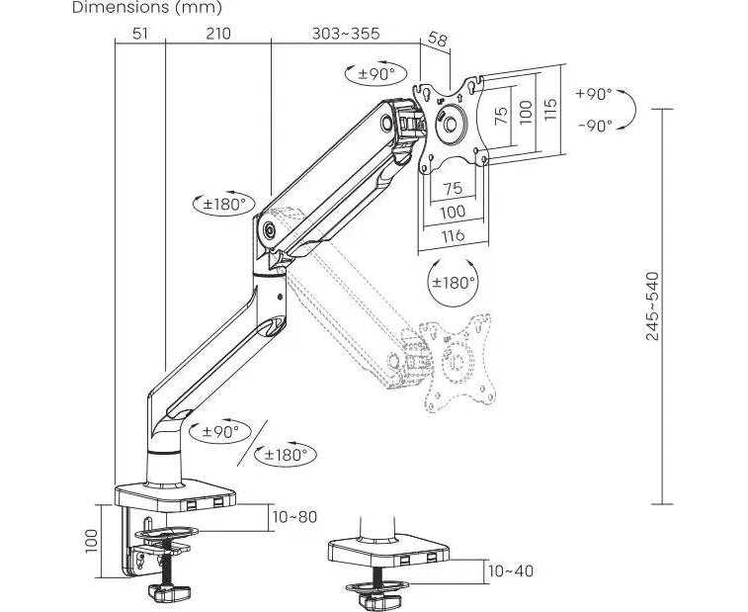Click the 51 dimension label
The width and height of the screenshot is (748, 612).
(140, 34)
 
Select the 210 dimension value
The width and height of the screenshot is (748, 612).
(218, 34)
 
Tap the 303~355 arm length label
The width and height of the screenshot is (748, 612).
(345, 34)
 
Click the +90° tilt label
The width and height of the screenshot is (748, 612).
(594, 94)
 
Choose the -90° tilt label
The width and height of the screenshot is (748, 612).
(594, 125)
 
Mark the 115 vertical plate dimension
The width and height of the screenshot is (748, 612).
(551, 110)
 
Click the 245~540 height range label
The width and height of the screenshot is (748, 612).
(653, 306)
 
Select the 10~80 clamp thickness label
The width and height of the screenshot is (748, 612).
(295, 516)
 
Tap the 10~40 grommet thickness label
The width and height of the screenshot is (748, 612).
(510, 570)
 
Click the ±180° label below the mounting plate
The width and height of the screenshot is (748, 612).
(454, 282)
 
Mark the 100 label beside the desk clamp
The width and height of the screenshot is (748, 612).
(92, 540)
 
